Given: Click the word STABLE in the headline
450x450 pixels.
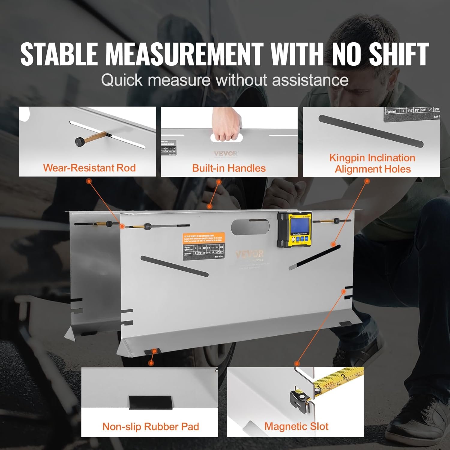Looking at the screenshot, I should click(59, 54).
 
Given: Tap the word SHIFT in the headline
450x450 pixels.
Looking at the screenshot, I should click(399, 54).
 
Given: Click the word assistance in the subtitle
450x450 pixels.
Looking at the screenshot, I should click(310, 80).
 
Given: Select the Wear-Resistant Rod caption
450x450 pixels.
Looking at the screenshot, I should click(89, 168).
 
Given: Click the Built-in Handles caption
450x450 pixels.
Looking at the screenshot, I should click(229, 168).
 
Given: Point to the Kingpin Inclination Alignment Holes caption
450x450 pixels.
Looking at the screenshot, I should click(372, 163).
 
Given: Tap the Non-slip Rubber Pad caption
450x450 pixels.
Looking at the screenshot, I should click(151, 426).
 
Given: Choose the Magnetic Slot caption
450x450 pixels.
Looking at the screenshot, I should click(296, 426).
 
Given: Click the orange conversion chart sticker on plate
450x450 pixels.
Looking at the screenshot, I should click(204, 246).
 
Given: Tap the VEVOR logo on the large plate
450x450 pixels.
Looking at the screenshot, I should click(249, 254).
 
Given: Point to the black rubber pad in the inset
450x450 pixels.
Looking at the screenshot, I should click(151, 402).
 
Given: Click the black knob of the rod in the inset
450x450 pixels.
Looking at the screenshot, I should click(80, 141).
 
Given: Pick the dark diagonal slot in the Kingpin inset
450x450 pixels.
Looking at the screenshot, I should click(371, 131).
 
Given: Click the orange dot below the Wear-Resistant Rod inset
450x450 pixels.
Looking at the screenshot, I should click(89, 181).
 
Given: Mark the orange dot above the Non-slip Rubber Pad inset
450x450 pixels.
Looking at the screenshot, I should click(151, 363).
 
